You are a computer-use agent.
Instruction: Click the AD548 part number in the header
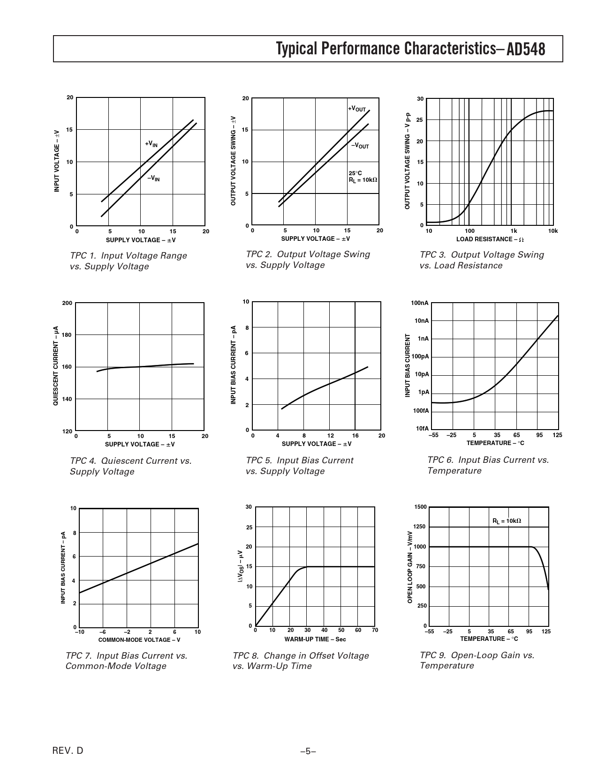[x=526, y=49]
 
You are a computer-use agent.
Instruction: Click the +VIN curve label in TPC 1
[x=151, y=144]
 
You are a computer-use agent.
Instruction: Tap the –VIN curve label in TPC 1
[x=153, y=178]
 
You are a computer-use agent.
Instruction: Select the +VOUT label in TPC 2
[x=356, y=109]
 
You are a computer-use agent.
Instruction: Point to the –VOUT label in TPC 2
[x=360, y=146]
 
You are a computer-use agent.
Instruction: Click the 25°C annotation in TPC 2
[x=355, y=173]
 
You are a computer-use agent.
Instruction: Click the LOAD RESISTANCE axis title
[x=490, y=239]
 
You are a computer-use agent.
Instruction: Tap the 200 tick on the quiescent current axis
[x=67, y=303]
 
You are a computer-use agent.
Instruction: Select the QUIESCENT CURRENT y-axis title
[x=55, y=365]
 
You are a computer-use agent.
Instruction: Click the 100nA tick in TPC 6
[x=420, y=303]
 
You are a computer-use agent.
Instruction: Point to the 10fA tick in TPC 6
[x=422, y=428]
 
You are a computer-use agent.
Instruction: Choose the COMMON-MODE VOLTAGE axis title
[x=139, y=640]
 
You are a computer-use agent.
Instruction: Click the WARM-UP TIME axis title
[x=315, y=639]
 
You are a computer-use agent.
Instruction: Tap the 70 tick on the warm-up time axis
[x=375, y=630]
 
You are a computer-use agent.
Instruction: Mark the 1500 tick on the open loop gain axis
[x=421, y=507]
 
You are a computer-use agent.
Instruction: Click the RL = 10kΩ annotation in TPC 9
[x=507, y=520]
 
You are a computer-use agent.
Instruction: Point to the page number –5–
[x=308, y=751]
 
